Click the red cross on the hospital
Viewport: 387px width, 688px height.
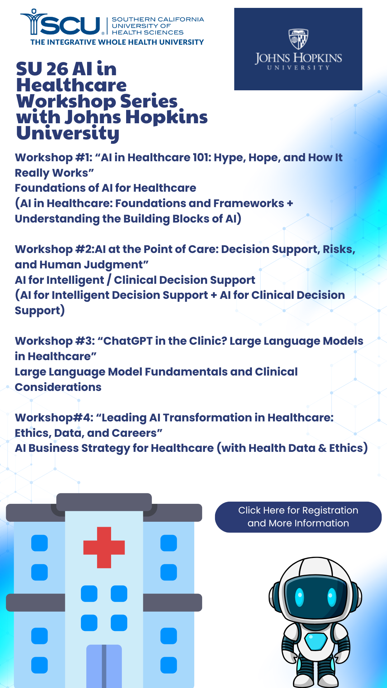coord(104,547)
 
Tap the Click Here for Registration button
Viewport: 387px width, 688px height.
coord(298,517)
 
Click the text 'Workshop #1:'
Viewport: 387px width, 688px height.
coord(54,157)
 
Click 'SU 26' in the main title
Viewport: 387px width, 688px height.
coord(42,69)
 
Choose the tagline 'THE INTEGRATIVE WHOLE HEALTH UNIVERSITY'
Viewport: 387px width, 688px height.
coord(117,42)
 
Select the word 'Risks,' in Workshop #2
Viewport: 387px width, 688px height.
coord(339,249)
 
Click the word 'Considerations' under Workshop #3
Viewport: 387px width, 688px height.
coord(58,387)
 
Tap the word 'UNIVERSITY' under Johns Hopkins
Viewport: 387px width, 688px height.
coord(298,67)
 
